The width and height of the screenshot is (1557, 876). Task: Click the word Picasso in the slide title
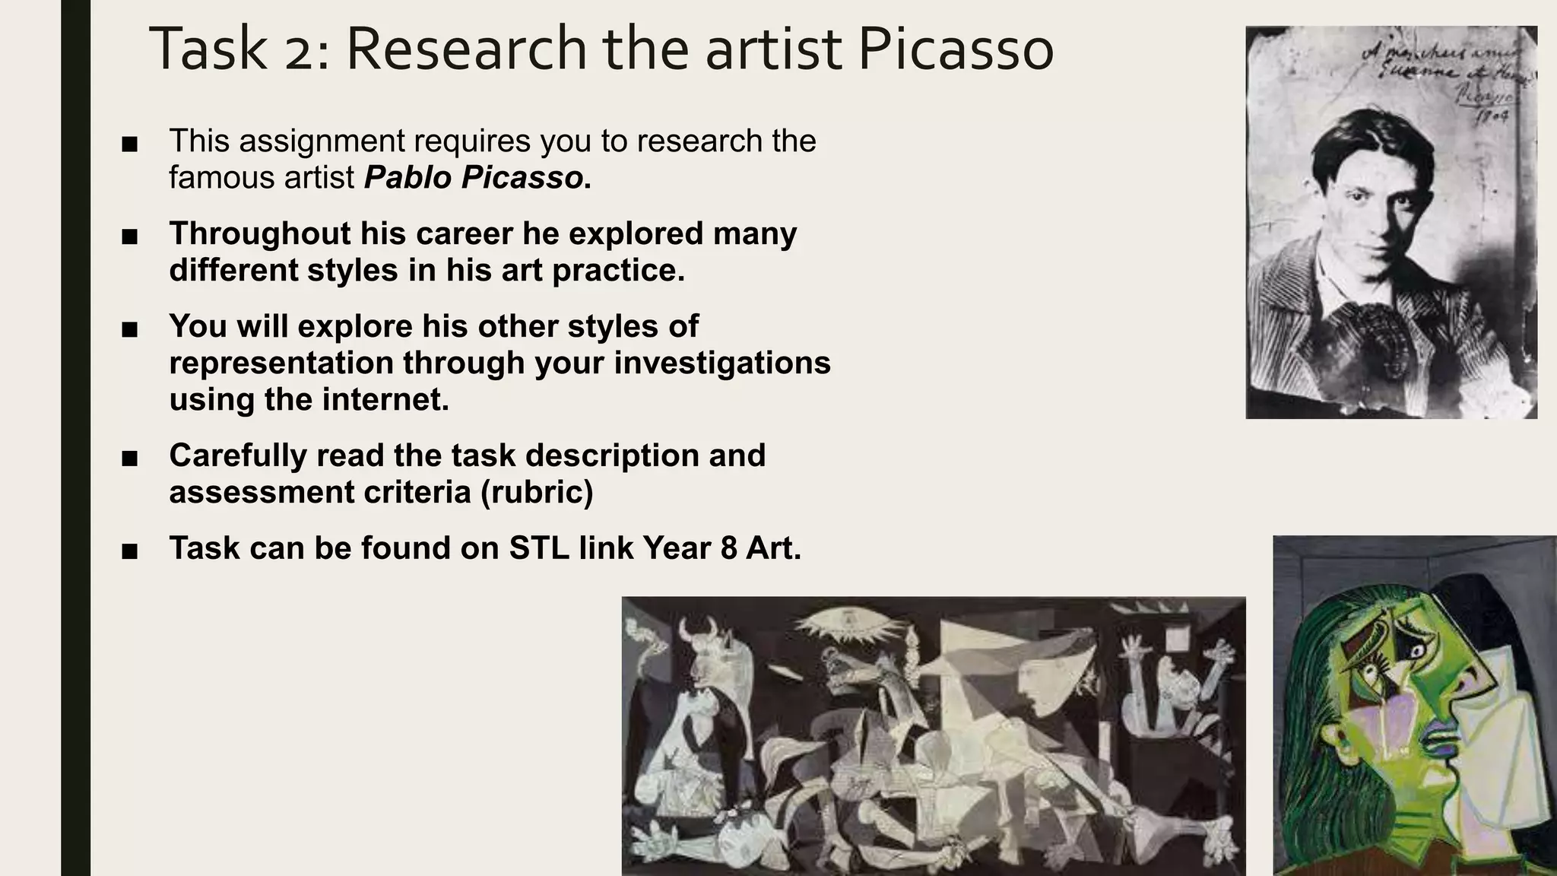(956, 49)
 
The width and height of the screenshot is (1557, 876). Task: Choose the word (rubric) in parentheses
(537, 492)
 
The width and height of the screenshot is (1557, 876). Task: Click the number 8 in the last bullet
(728, 547)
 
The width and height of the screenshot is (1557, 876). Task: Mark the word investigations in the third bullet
(722, 363)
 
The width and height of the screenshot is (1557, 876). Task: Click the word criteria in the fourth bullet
(417, 492)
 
